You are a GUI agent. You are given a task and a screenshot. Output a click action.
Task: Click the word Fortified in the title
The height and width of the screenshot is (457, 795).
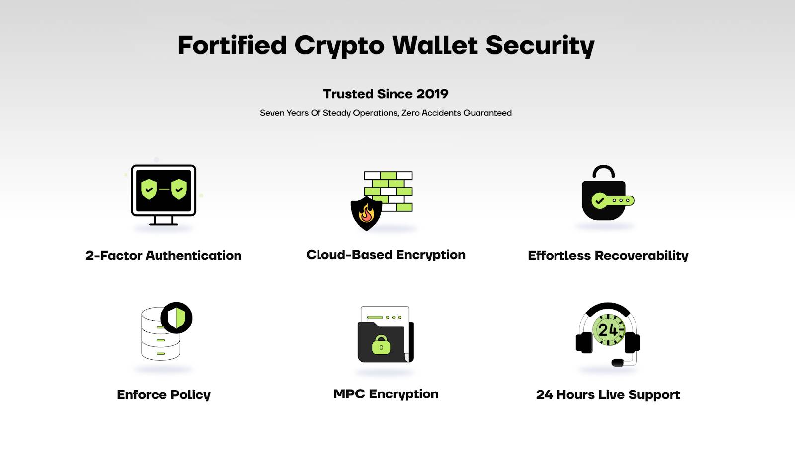[232, 45]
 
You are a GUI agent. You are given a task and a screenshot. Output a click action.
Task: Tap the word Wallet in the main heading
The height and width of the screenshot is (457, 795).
[435, 45]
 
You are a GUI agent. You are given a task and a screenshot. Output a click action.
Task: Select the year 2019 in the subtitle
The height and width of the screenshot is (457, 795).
[432, 94]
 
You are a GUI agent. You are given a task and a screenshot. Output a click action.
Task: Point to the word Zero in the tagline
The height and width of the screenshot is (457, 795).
[410, 113]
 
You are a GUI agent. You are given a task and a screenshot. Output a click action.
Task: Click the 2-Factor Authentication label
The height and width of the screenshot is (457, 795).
[163, 255]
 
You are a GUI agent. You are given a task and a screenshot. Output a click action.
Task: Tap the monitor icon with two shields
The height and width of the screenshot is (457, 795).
[163, 191]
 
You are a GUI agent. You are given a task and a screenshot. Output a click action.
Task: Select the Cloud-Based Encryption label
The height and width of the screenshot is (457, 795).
[386, 255]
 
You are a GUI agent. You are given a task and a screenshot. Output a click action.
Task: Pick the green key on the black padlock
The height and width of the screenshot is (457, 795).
[613, 201]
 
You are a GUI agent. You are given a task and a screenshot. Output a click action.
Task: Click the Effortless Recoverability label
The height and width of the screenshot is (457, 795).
[608, 255]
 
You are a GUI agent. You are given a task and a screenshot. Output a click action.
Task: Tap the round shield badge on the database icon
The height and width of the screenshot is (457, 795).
[176, 318]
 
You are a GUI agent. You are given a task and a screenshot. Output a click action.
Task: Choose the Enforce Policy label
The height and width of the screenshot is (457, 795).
[163, 394]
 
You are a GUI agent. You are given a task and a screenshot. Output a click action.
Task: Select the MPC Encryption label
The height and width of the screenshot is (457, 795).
[386, 394]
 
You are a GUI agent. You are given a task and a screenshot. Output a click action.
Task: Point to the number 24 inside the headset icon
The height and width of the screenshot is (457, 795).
[607, 330]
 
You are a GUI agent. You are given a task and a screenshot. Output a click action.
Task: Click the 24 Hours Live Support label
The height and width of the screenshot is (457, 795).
[608, 394]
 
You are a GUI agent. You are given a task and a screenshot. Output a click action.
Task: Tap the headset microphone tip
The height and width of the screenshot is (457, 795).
[617, 363]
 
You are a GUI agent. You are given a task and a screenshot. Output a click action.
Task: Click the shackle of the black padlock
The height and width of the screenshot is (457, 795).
[604, 172]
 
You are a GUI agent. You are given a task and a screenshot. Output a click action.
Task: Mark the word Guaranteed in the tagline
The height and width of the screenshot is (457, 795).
[487, 113]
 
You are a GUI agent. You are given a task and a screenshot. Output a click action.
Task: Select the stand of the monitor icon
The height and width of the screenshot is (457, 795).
[163, 221]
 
